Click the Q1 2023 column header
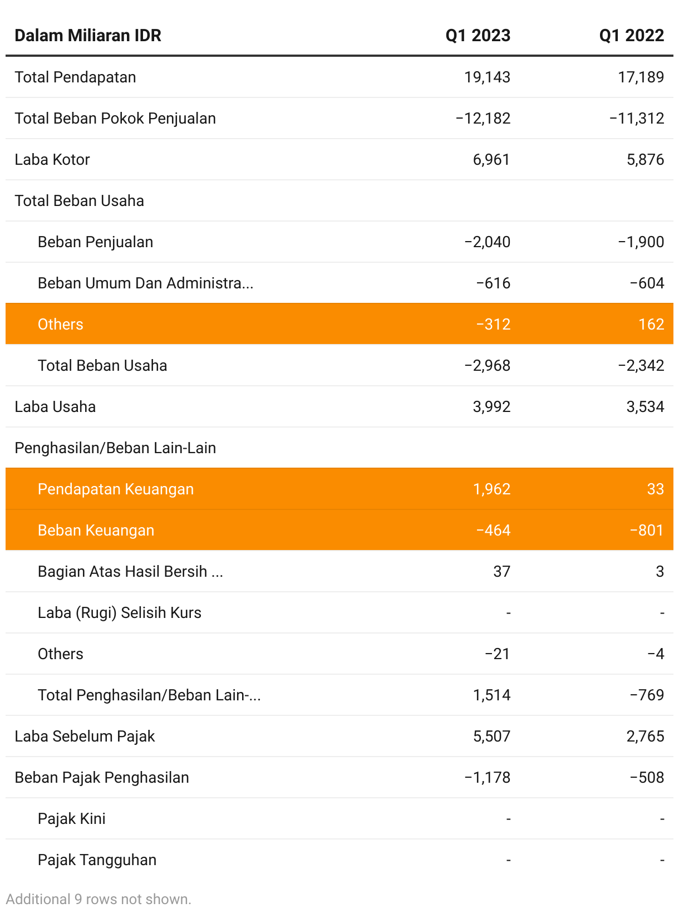point(478,36)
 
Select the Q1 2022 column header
point(631,36)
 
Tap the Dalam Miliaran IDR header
point(88,36)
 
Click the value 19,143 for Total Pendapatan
point(487,77)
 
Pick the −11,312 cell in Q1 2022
point(637,119)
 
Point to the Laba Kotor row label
point(52,160)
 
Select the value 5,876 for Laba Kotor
point(645,160)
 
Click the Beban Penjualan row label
point(95,242)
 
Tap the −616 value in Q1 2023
point(493,283)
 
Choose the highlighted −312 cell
point(493,325)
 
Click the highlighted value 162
point(651,325)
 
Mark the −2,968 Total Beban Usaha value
point(487,366)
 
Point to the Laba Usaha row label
point(55,407)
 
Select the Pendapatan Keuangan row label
point(116,489)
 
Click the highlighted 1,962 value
point(491,489)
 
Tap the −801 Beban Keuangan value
point(647,531)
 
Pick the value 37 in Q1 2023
point(501,572)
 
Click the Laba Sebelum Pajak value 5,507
point(491,737)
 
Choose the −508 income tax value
point(647,778)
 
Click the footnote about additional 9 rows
point(99,899)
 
